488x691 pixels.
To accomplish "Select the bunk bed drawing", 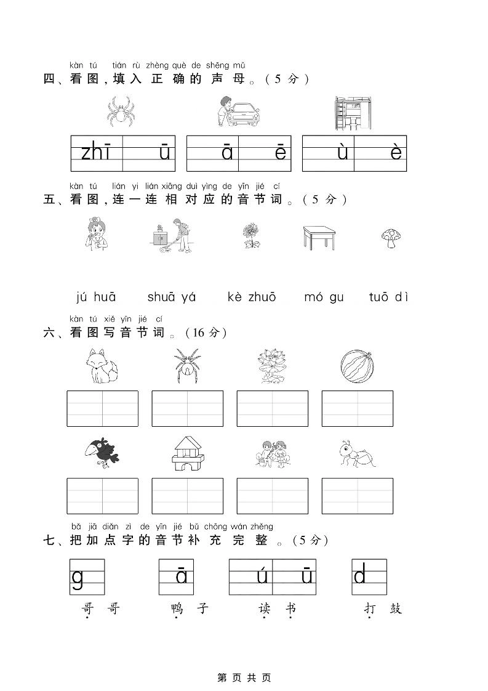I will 353,113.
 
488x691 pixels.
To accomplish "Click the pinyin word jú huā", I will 96,297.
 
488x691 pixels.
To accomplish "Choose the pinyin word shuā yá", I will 172,297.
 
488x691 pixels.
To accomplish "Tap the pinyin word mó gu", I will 324,297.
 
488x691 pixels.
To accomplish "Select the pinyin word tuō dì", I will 388,297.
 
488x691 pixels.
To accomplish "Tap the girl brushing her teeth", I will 95,235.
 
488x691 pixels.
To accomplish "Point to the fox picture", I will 102,366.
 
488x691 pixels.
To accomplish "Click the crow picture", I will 102,455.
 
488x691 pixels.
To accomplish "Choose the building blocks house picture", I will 186,455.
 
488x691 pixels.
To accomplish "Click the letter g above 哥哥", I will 78,579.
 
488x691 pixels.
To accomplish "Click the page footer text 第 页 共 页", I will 244,677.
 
